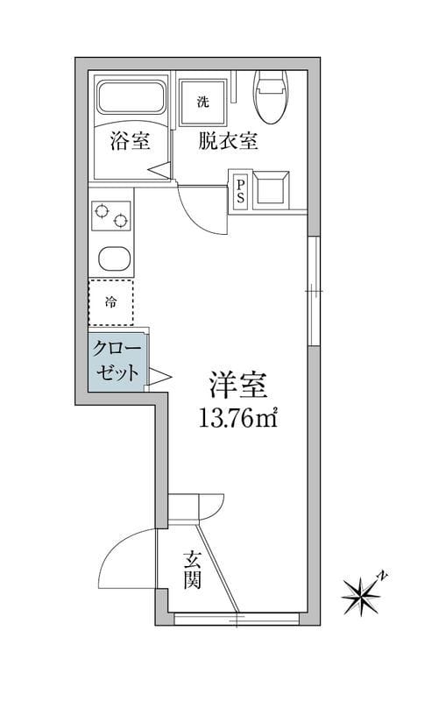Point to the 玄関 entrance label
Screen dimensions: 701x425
pos(194,570)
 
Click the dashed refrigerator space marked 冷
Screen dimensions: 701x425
pos(111,303)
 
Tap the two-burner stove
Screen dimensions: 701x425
pos(111,216)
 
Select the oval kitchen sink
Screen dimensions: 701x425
pos(112,259)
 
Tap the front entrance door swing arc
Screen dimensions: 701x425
pos(123,554)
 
